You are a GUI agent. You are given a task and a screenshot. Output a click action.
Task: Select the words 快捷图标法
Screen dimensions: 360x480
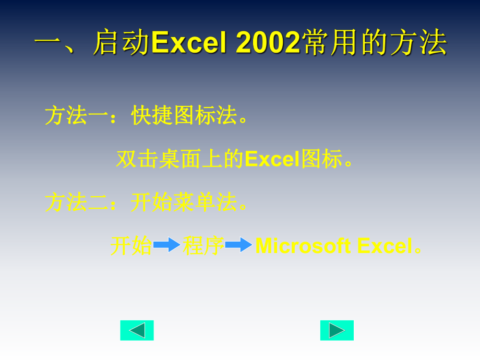(184, 115)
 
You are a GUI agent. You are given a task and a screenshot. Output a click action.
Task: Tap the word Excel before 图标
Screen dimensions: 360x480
(271, 159)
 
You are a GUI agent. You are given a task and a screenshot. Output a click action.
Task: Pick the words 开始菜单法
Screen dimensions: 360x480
(184, 202)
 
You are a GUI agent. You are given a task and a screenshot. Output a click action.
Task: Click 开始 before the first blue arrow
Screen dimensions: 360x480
(130, 246)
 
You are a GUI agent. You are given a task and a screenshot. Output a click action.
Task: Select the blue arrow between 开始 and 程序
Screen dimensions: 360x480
(166, 245)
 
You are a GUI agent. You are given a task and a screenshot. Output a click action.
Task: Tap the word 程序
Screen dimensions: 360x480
(203, 246)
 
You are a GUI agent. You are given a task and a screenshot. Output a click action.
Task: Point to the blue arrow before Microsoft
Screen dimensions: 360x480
(238, 245)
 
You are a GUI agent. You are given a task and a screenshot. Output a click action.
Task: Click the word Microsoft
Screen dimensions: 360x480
(303, 246)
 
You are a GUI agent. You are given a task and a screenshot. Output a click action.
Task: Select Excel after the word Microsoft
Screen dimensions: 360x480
(385, 246)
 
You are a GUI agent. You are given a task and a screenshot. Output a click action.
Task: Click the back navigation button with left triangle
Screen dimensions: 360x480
(137, 330)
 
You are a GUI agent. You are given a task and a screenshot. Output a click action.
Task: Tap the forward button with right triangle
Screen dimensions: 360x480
(337, 330)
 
